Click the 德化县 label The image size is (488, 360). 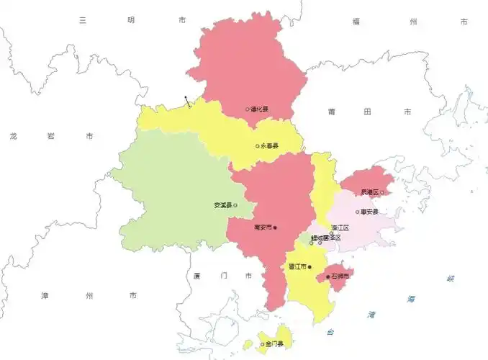coord(260,109)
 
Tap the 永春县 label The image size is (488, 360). coord(270,146)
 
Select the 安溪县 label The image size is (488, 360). coord(223,205)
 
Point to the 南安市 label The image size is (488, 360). coord(263,228)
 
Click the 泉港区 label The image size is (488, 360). coord(371,192)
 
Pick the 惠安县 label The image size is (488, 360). coord(370,212)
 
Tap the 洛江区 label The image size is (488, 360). coord(340,228)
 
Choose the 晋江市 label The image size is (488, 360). coord(297,267)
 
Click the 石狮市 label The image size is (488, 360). coord(340,276)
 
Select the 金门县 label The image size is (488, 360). coord(274,344)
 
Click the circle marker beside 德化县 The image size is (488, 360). coord(248,109)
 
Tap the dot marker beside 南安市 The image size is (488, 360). coord(275,228)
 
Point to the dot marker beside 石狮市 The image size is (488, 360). coord(328,276)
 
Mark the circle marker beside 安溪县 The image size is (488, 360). coord(235,205)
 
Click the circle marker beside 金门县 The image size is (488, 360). coord(262,344)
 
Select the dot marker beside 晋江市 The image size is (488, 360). coord(309,267)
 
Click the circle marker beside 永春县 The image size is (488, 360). coord(258,146)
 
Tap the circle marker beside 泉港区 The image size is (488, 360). coord(382,192)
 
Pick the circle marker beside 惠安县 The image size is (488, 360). coord(358,212)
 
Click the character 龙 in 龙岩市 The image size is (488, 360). coord(14,135)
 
